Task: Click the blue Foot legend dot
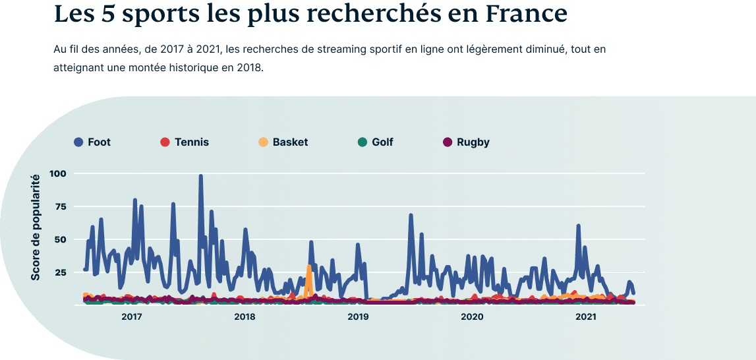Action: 78,142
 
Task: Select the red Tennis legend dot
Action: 165,142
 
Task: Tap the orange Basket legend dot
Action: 264,142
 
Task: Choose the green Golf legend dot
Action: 363,142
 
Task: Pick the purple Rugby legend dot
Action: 448,142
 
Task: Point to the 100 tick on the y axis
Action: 58,173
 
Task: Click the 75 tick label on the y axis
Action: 61,206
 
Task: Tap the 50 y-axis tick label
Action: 61,239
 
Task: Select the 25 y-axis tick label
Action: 61,272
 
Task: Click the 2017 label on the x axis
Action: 132,317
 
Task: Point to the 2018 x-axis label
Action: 245,317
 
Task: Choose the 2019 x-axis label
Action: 359,317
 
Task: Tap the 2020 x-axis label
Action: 472,317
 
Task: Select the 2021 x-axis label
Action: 586,317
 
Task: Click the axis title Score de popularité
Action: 36,227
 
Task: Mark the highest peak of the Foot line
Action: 200,176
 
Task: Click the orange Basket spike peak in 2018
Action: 308,267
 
